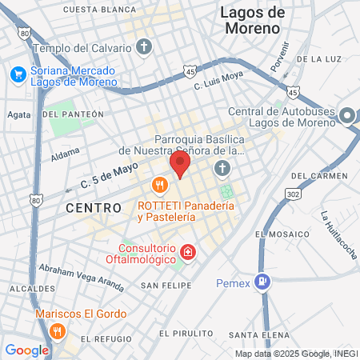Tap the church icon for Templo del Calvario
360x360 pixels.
click(x=144, y=47)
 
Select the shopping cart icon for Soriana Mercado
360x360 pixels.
click(x=18, y=74)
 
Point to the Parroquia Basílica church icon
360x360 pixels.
click(x=222, y=169)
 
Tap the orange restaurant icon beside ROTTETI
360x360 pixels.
click(x=159, y=186)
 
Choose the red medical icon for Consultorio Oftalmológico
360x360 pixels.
click(x=187, y=254)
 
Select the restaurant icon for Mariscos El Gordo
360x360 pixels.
click(x=56, y=330)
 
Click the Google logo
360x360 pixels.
click(x=26, y=350)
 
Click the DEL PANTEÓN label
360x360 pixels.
click(x=74, y=114)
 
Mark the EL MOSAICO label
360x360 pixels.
click(x=282, y=234)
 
